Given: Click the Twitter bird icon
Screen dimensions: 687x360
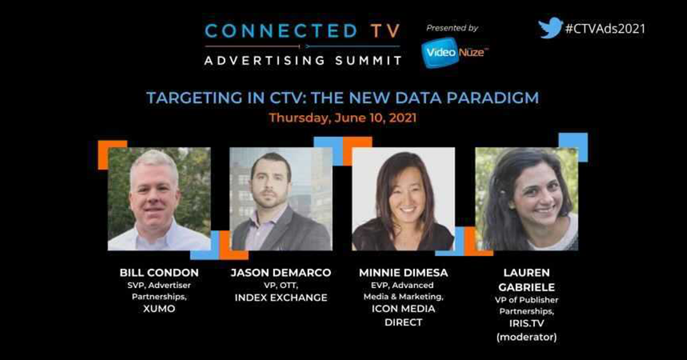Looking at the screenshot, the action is click(x=550, y=27).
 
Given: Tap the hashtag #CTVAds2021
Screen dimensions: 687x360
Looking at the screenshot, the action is click(x=605, y=29).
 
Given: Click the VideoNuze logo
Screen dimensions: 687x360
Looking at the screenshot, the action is click(x=454, y=53).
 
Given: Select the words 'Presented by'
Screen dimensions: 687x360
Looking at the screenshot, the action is click(x=452, y=28).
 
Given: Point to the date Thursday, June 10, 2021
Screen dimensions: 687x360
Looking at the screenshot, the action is click(x=343, y=118).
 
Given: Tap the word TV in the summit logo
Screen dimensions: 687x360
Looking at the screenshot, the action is click(x=385, y=31).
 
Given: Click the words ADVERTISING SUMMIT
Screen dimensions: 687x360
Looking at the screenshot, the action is click(x=303, y=60).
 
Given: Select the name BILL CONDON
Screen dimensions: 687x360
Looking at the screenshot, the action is click(x=159, y=272).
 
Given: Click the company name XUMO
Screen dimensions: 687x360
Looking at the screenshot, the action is click(x=159, y=308).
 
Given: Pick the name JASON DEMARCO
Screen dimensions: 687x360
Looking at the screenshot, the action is click(x=281, y=272).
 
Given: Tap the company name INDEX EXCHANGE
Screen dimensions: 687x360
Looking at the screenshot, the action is click(x=281, y=298).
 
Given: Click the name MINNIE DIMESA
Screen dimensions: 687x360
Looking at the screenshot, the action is click(x=403, y=272).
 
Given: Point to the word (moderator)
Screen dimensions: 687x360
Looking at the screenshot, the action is click(x=526, y=337).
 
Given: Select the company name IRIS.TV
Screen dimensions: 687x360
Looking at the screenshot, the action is click(x=526, y=323).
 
